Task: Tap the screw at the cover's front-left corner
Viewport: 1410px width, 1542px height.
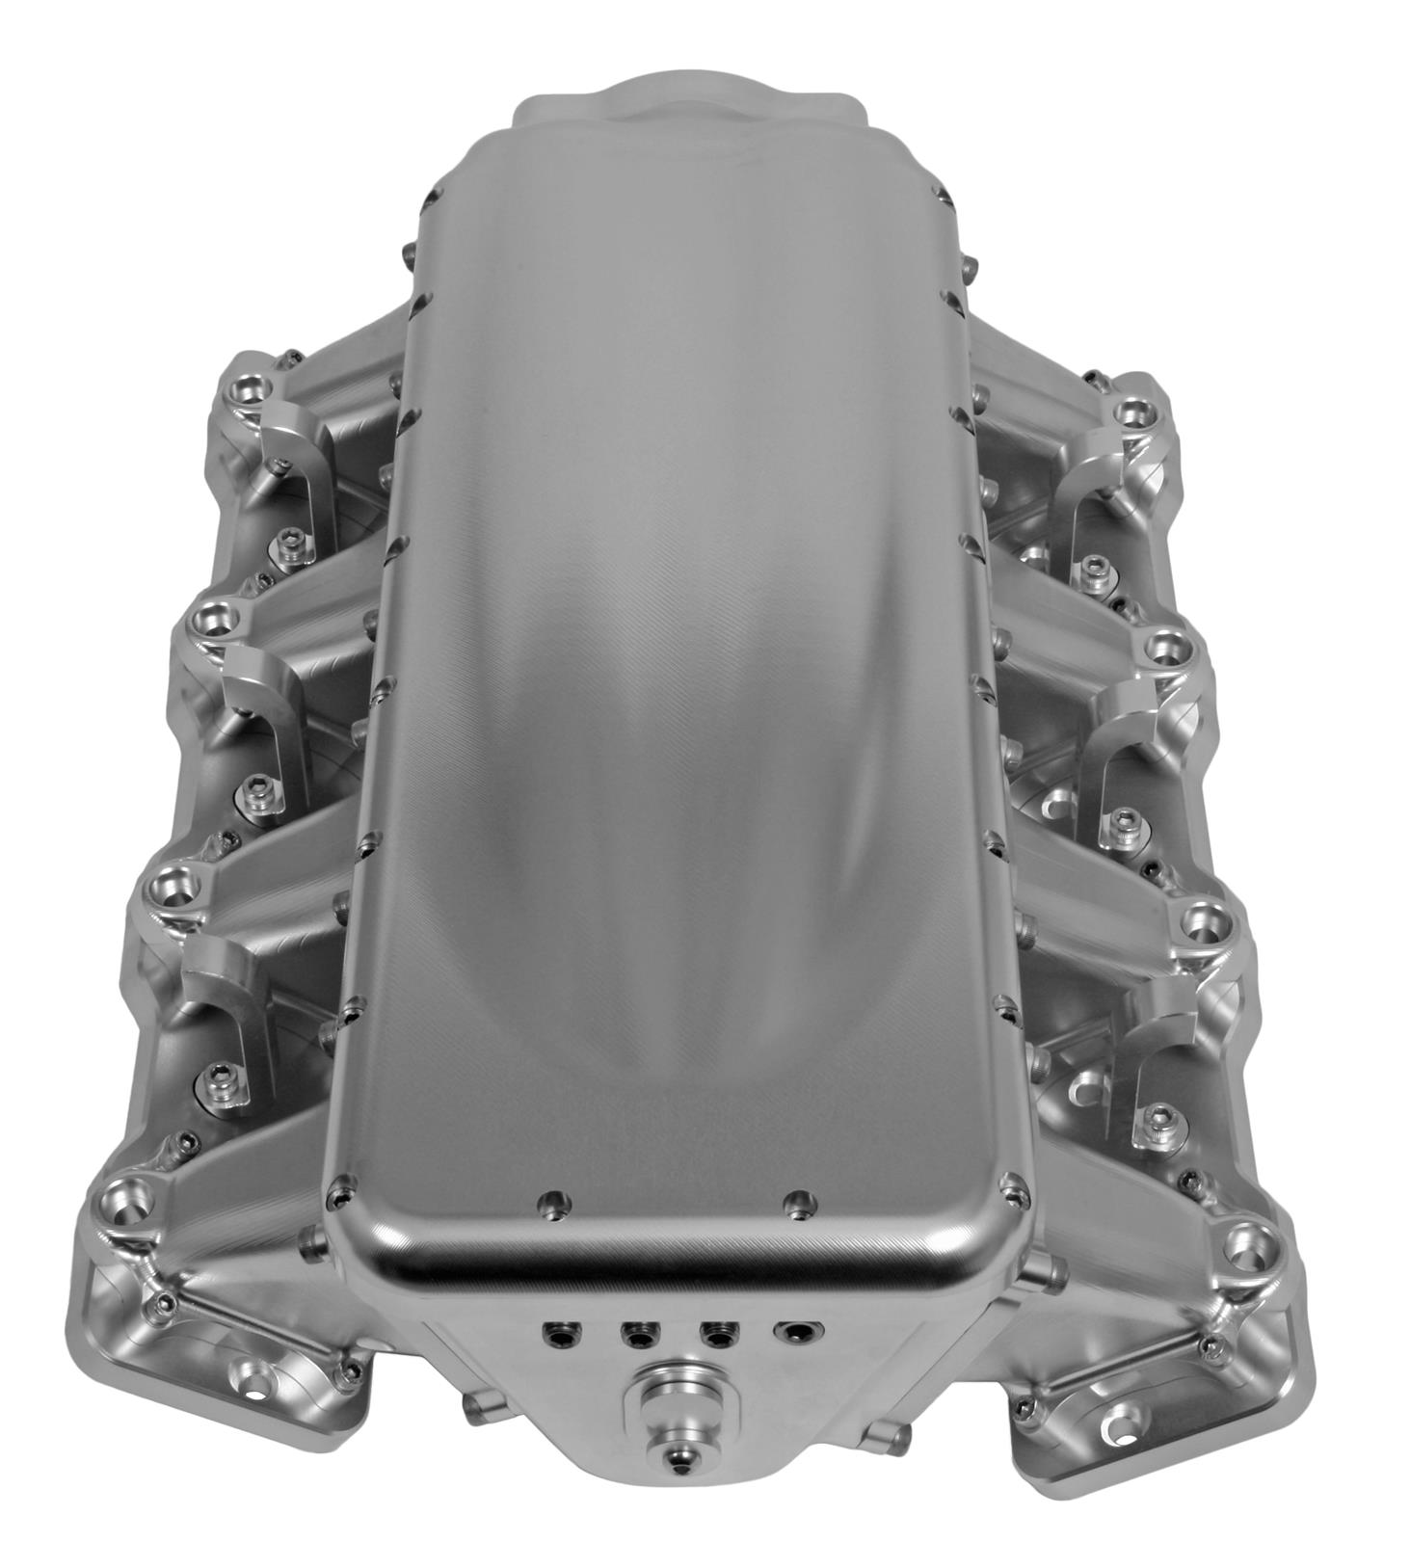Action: click(x=337, y=1198)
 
